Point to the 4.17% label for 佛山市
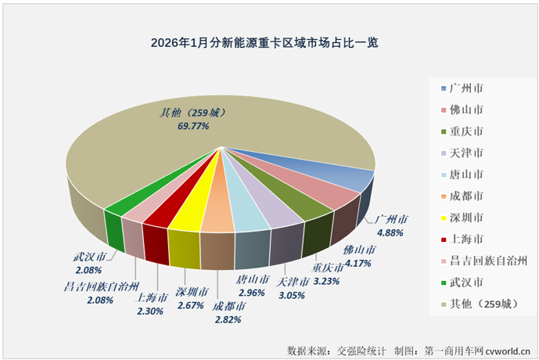(x=359, y=261)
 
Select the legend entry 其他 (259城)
(x=477, y=303)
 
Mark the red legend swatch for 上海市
(x=444, y=239)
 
